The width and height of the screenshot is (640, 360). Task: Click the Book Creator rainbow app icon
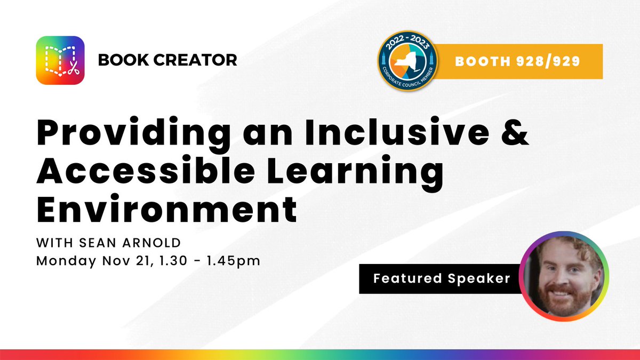(60, 60)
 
